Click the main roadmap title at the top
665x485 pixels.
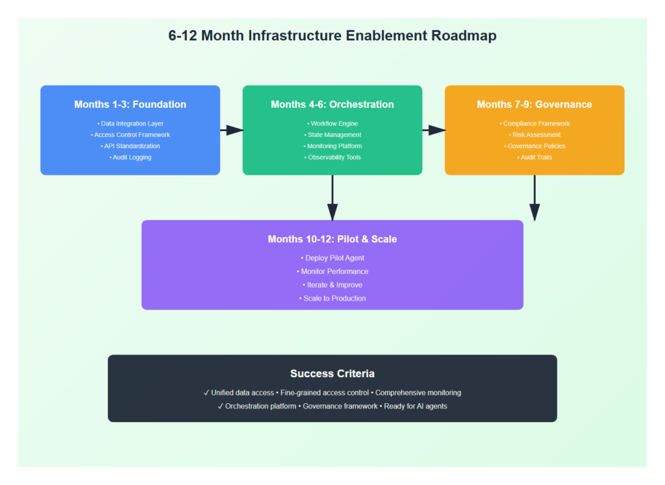click(332, 36)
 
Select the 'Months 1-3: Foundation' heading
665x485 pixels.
click(130, 105)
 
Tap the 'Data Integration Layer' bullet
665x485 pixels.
click(130, 123)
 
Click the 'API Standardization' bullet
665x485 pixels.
click(130, 146)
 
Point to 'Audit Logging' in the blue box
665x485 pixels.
click(130, 157)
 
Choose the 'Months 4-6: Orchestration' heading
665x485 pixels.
click(332, 105)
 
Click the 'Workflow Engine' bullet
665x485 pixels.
click(332, 123)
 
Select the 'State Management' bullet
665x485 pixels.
click(332, 134)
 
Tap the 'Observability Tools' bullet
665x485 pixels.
click(332, 157)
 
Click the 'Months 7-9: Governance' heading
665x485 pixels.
click(534, 105)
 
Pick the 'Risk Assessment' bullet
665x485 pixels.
click(534, 134)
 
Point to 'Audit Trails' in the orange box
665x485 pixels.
click(534, 157)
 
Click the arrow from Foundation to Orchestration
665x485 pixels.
click(231, 130)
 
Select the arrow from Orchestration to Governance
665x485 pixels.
click(433, 130)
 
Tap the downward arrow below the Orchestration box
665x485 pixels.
click(332, 198)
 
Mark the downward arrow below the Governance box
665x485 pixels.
click(534, 198)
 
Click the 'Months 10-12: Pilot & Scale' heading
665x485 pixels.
click(332, 239)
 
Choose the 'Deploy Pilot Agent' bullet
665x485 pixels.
click(332, 258)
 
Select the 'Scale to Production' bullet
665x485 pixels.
click(332, 298)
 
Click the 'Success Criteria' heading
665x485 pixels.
click(332, 373)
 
